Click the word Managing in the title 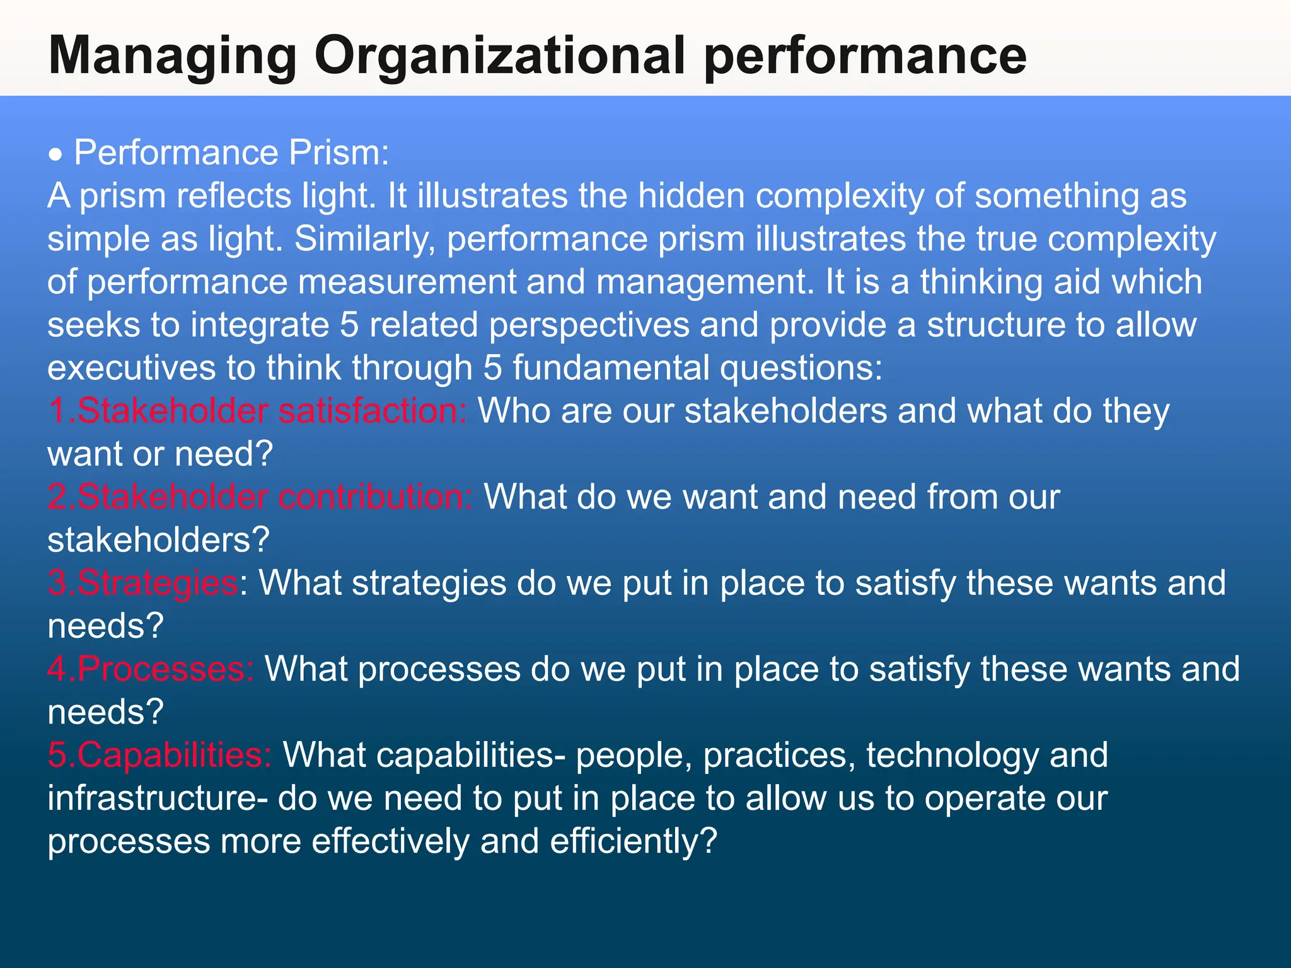[x=172, y=57]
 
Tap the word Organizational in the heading [x=499, y=57]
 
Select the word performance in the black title [x=865, y=57]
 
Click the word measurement [x=407, y=282]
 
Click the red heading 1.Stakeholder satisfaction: [x=257, y=411]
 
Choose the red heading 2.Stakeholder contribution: [x=260, y=497]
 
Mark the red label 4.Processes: [x=151, y=669]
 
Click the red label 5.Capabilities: [x=159, y=755]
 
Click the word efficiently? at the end [x=633, y=841]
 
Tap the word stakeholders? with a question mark [x=158, y=540]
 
